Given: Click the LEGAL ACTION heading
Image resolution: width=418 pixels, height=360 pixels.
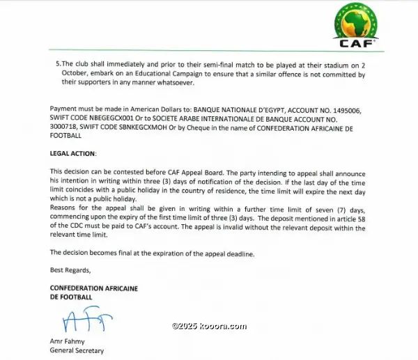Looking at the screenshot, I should pos(73,152).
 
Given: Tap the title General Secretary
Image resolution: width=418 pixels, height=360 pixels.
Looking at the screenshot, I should pos(77,351).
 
